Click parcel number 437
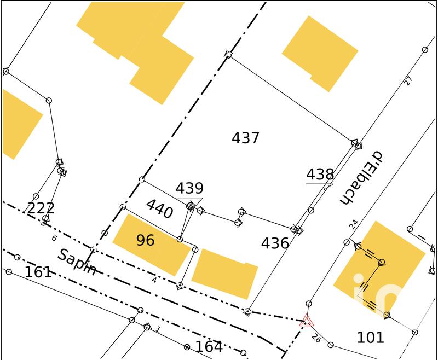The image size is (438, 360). pyautogui.click(x=245, y=138)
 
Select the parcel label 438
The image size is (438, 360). pyautogui.click(x=320, y=175)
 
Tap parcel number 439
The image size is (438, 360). pyautogui.click(x=189, y=189)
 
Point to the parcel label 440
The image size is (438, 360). pyautogui.click(x=159, y=209)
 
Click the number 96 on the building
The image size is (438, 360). pyautogui.click(x=145, y=241)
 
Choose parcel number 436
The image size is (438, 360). pyautogui.click(x=275, y=243)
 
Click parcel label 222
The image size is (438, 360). pyautogui.click(x=41, y=208)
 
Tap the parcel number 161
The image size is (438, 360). pyautogui.click(x=38, y=272)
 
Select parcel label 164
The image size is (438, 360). pyautogui.click(x=209, y=347)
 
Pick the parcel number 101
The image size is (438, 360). pyautogui.click(x=371, y=337)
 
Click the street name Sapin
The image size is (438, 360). pyautogui.click(x=78, y=262)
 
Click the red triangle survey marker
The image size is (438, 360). pyautogui.click(x=307, y=321)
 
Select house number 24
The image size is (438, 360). pyautogui.click(x=354, y=224)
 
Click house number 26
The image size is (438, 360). pyautogui.click(x=316, y=338)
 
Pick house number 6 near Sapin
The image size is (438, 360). pyautogui.click(x=54, y=238)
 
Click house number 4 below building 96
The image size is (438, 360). pyautogui.click(x=154, y=280)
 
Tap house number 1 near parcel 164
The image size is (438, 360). pyautogui.click(x=158, y=329)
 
